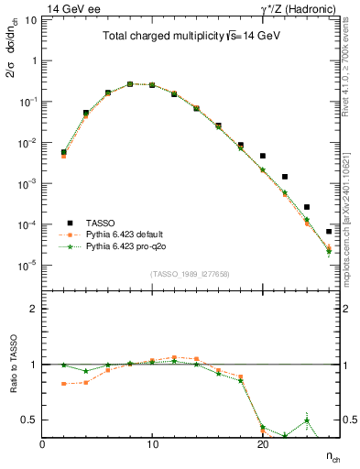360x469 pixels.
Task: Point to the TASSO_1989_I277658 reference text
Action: [x=190, y=274]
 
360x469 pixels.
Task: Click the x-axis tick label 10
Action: [x=152, y=444]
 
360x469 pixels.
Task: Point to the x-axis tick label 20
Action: [x=262, y=444]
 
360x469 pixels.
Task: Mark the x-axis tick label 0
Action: [x=42, y=444]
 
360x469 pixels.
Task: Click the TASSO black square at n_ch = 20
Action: [x=263, y=157]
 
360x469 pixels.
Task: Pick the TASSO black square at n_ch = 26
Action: [x=329, y=232]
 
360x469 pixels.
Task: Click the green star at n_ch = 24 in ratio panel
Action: [x=307, y=420]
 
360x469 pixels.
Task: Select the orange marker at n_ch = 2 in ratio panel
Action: [x=63, y=384]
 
